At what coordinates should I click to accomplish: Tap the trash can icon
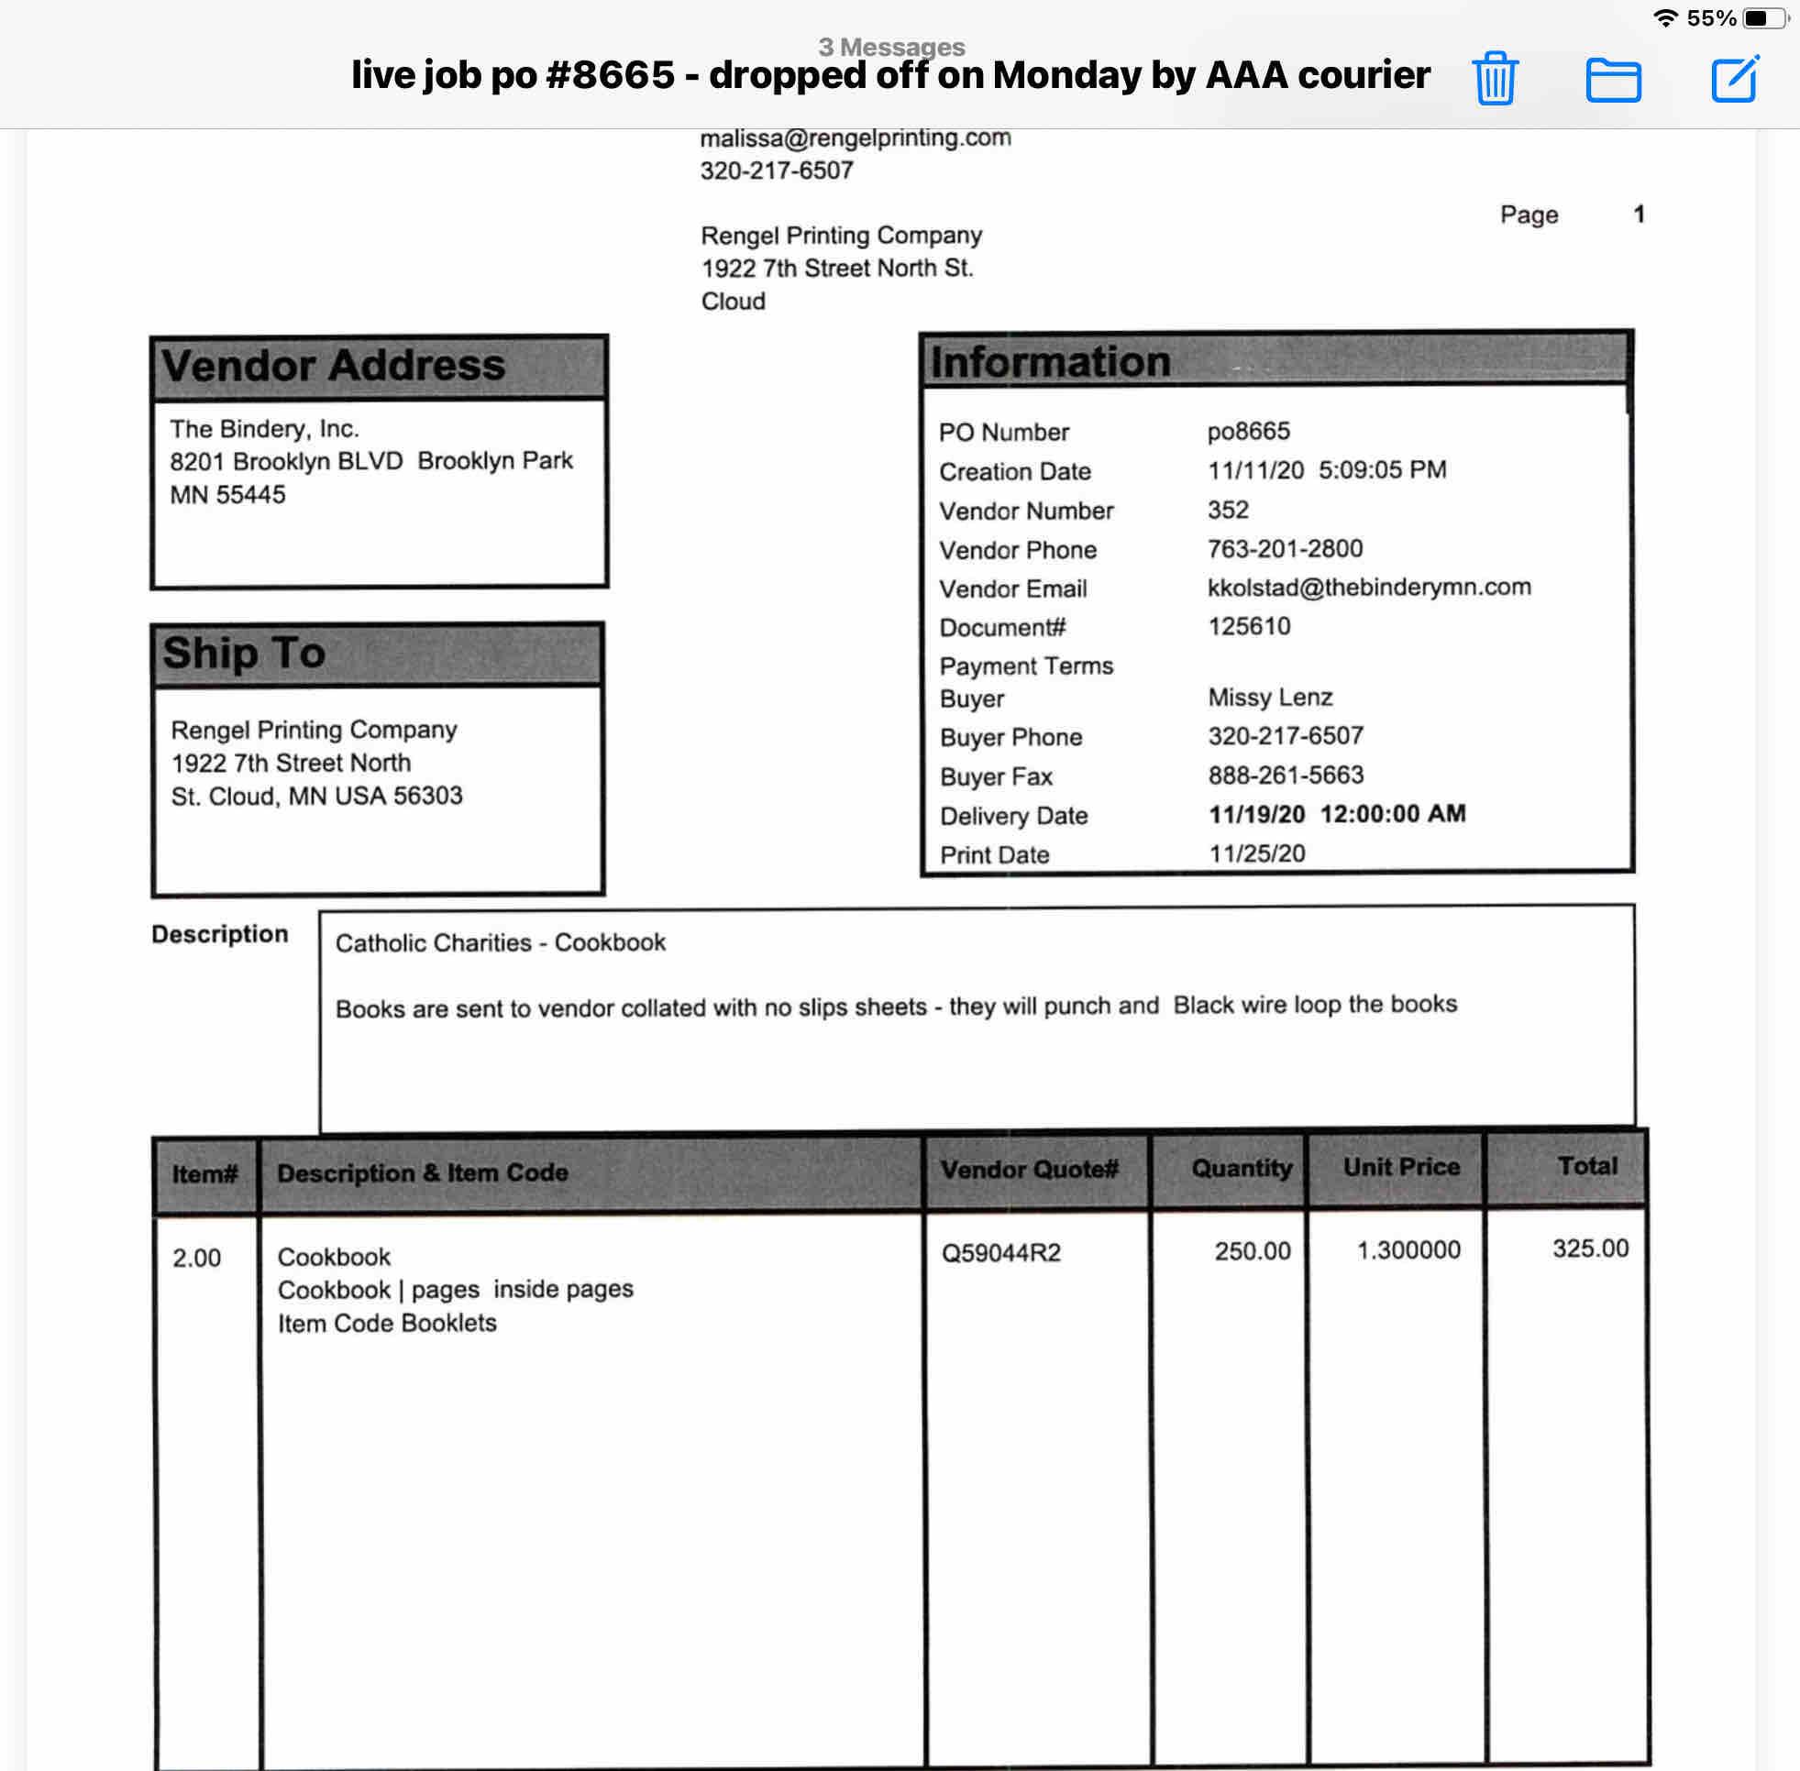click(x=1495, y=79)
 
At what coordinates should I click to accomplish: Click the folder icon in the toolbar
click(x=1613, y=79)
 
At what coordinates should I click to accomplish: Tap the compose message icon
click(x=1735, y=79)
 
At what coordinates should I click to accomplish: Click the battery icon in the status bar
click(x=1763, y=17)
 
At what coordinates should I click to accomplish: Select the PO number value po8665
click(x=1248, y=432)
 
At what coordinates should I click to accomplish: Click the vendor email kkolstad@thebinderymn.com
click(x=1368, y=587)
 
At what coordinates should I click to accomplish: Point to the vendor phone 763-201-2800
click(x=1285, y=549)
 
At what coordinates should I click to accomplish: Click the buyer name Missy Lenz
click(x=1270, y=698)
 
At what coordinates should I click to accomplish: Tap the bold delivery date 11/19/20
click(x=1256, y=815)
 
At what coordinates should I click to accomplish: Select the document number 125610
click(x=1248, y=626)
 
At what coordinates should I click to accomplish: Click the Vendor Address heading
click(x=333, y=366)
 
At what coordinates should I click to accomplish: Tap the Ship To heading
click(x=244, y=653)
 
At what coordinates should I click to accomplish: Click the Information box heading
click(x=1050, y=362)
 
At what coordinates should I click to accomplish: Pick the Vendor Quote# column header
click(x=1029, y=1169)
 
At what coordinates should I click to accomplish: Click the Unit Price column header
click(x=1401, y=1167)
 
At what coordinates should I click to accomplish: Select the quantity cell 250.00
click(x=1252, y=1251)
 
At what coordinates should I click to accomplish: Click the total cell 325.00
click(x=1590, y=1248)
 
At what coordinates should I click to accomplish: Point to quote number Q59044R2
click(x=1000, y=1253)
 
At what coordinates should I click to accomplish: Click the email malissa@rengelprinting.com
click(x=855, y=137)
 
